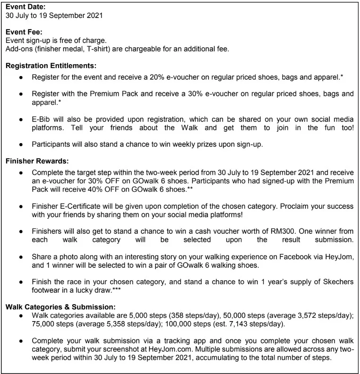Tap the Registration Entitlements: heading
(51, 67)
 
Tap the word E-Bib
(42, 119)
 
